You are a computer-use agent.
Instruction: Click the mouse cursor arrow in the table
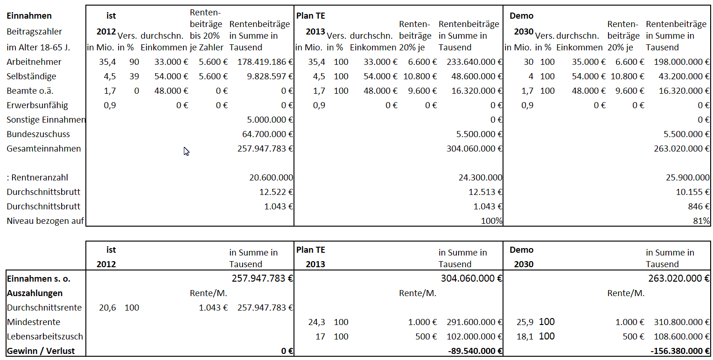pos(186,152)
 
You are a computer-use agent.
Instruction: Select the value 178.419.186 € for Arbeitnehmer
pos(265,62)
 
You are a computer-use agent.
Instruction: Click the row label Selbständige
pos(31,76)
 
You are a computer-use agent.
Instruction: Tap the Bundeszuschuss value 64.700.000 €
pos(267,134)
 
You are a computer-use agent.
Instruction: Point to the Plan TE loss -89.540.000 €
pos(475,351)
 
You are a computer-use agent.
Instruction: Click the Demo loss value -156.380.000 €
pos(680,351)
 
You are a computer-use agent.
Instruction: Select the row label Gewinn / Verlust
pos(41,351)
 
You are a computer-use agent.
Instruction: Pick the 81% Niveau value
pos(701,221)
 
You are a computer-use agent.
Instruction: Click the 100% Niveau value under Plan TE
pos(491,221)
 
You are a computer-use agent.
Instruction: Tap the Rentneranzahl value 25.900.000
pos(687,178)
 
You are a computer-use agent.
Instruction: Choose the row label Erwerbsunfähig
pos(37,105)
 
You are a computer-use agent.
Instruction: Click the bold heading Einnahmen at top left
pos(29,16)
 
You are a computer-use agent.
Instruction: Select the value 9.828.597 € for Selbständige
pos(270,76)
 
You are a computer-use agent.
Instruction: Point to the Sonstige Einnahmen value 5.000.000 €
pos(270,120)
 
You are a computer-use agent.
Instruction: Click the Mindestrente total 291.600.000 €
pos(474,322)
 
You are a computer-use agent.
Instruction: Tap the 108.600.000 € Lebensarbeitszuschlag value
pos(681,337)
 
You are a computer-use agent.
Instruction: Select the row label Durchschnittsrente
pos(44,307)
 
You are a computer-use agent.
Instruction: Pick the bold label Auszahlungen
pos(35,293)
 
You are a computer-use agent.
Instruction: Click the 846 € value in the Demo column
pos(699,207)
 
